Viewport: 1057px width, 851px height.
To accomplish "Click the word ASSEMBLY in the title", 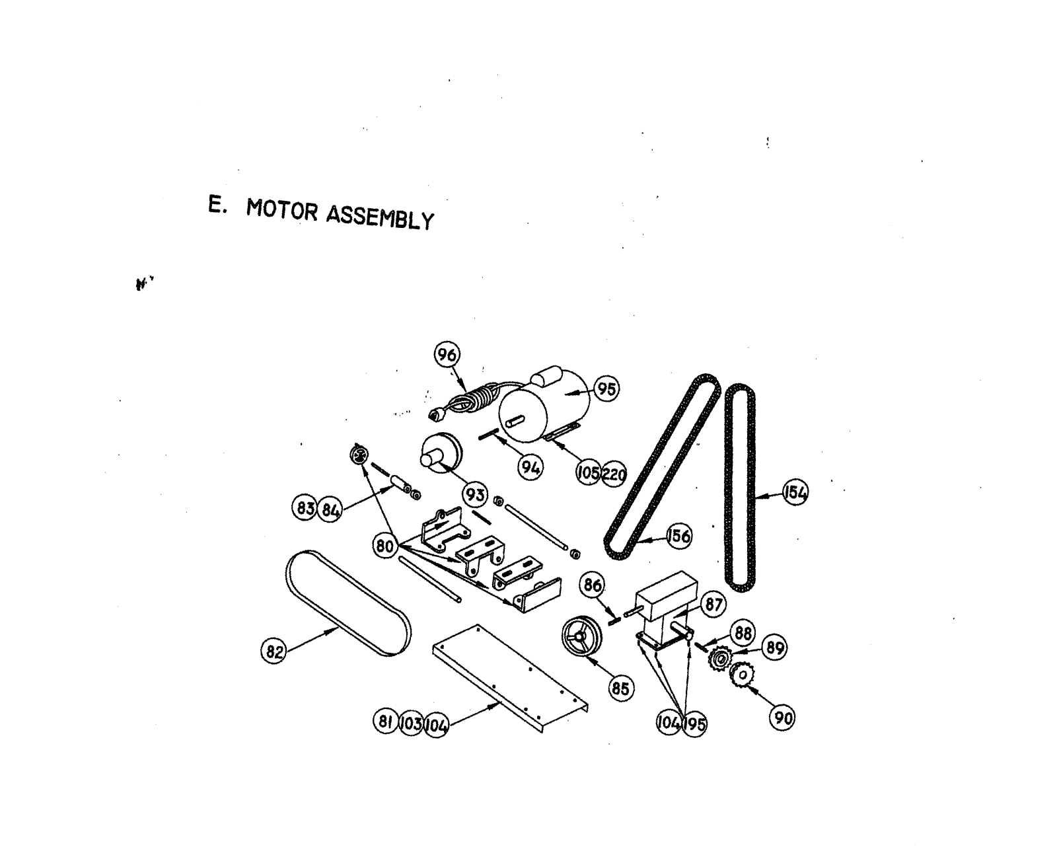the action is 381,217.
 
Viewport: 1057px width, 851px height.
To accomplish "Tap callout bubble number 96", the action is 447,355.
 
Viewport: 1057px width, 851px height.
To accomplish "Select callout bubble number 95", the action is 606,388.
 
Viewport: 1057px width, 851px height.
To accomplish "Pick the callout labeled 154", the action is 795,493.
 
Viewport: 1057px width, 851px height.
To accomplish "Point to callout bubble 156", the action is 678,536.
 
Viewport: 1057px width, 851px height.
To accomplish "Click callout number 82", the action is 273,651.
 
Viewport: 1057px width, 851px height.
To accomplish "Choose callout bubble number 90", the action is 782,718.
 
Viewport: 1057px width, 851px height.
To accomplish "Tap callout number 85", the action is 620,689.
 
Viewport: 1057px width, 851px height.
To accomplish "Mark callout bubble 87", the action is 713,604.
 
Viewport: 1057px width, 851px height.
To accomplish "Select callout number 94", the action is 530,468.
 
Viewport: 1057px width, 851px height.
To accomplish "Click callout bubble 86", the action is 592,585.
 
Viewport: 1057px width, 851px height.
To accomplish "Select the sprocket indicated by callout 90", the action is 744,675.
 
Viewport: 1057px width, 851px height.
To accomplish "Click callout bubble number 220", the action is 614,474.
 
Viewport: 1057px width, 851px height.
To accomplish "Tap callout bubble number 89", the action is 774,647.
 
